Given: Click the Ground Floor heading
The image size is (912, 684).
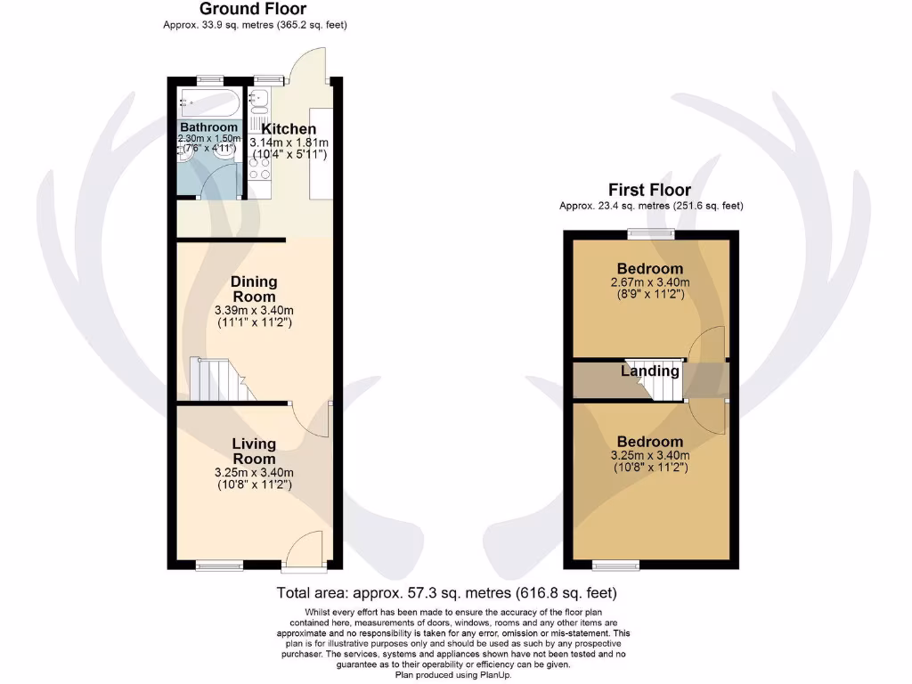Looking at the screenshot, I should click(253, 10).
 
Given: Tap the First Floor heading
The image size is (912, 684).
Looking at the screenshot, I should click(649, 190).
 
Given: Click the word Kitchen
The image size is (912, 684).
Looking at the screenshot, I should click(289, 129).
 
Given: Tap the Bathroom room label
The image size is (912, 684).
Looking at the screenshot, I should click(208, 127).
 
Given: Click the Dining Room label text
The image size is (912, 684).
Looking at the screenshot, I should click(254, 289).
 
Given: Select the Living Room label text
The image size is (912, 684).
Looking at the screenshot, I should click(254, 452).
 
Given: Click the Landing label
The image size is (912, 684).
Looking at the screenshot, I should click(650, 371).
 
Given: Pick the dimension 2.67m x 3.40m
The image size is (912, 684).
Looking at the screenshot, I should click(649, 282).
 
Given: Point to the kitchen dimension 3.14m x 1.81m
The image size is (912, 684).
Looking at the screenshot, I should click(289, 142).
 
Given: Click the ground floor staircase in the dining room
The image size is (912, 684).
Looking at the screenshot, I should click(223, 379).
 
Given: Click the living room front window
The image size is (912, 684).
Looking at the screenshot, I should click(213, 565).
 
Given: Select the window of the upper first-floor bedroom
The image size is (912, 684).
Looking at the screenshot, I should click(649, 233).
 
